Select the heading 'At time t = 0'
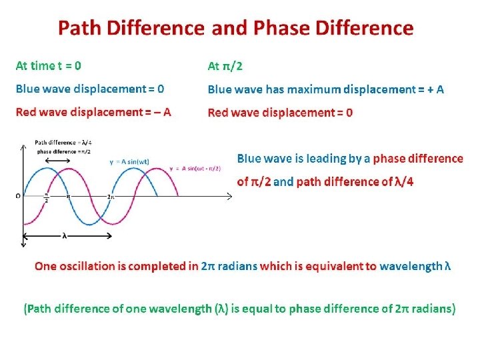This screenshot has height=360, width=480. click(x=49, y=65)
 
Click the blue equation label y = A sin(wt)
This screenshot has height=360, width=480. click(x=129, y=162)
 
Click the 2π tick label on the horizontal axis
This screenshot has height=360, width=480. click(x=111, y=198)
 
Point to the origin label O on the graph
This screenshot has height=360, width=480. click(x=17, y=196)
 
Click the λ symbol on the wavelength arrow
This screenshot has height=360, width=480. click(x=65, y=235)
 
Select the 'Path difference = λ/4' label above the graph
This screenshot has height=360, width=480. click(x=64, y=142)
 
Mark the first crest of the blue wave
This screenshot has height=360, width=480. click(x=45, y=168)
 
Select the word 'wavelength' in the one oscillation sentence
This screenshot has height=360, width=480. click(x=410, y=266)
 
